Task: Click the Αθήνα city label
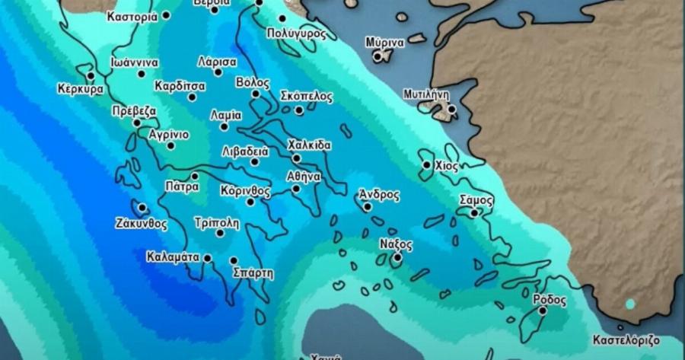pos(303,176)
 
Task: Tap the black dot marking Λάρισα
pos(218,72)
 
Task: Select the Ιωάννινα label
pos(133,62)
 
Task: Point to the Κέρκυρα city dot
pos(91,75)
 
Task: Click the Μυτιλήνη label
pos(426,94)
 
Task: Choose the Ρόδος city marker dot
pos(542,311)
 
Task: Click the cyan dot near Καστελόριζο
pos(629,304)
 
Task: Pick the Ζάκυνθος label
pos(141,224)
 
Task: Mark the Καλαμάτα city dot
pos(207,259)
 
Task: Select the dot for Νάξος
pos(397,257)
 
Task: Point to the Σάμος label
pos(476,200)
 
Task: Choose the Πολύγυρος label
pos(297,33)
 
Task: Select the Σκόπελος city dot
pos(299,110)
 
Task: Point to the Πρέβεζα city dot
pos(137,123)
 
